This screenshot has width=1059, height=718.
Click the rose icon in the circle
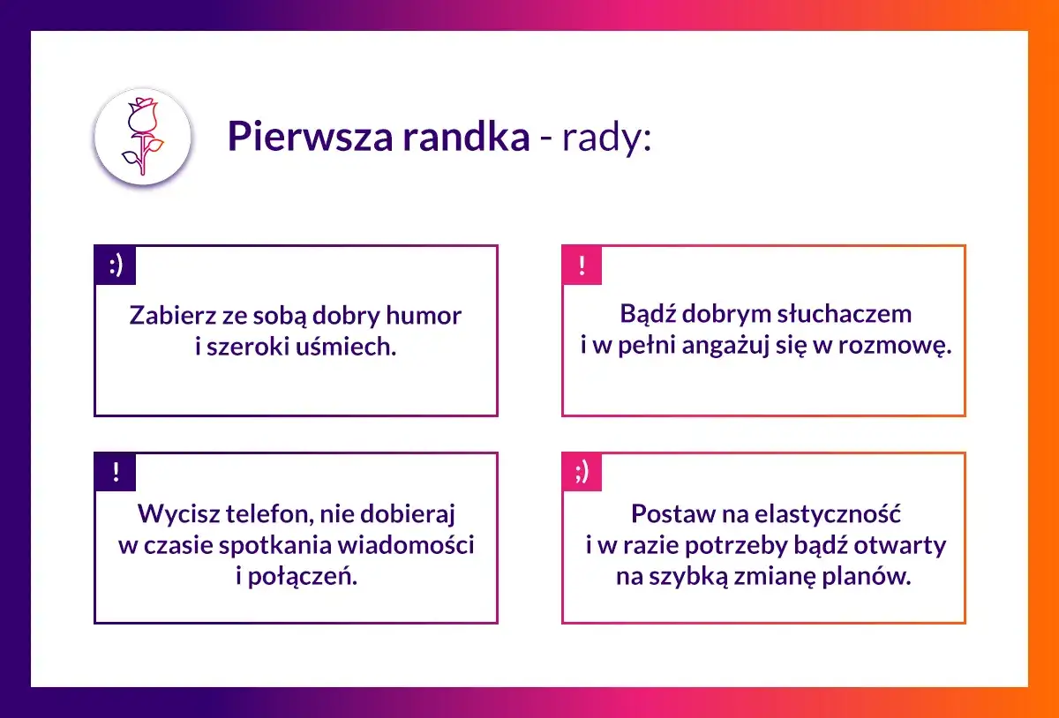[x=143, y=137]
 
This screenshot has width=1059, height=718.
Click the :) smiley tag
[x=116, y=266]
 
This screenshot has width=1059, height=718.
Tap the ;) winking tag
[x=582, y=473]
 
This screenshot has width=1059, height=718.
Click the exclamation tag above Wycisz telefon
[x=116, y=473]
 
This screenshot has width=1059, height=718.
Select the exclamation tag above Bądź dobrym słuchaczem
[x=582, y=266]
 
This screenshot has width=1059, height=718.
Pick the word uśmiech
[x=348, y=347]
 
